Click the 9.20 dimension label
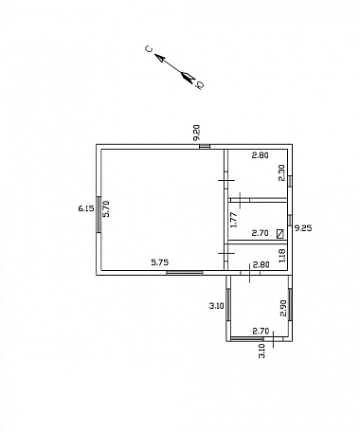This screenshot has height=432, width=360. pos(196,133)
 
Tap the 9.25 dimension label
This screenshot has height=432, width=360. pos(303,228)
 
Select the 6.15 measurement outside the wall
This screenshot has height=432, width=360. pos(86,208)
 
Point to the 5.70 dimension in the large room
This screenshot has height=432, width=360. pos(106,208)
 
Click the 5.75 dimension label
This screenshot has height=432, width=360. pos(160,262)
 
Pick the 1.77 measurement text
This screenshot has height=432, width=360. pos(234,220)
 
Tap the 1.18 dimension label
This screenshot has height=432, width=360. pos(282,256)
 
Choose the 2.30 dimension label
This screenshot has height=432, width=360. pos(281,172)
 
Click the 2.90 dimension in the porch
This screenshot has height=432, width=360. pos(283,308)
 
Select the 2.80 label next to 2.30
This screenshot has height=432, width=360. pos(260,155)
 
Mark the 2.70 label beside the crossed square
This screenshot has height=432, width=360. pos(260,233)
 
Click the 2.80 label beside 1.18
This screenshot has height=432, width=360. pos(261,264)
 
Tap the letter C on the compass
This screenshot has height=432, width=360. pos(149,48)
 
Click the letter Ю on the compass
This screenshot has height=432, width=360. pos(200,84)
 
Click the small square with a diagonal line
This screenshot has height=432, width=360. pos(280,234)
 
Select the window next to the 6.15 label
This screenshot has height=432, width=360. pos(99,214)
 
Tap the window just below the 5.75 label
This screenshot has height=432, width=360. pos(185,273)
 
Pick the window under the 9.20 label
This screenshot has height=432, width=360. pos(205,146)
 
